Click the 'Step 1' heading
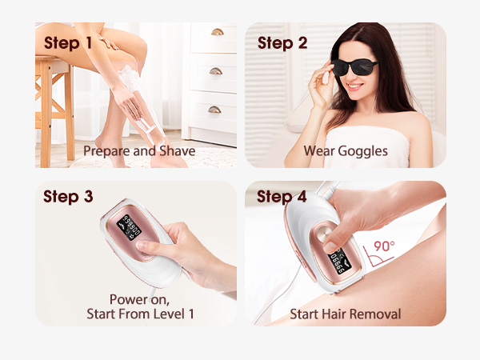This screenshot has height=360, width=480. point(74,43)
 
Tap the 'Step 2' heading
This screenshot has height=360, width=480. point(282,43)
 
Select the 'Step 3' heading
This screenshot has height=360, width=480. point(74,197)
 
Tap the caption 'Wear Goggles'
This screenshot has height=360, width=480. point(346,150)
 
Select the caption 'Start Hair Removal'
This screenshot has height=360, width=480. point(345,314)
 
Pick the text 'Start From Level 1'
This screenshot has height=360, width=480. point(140,314)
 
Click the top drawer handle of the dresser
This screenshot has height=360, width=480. point(217,32)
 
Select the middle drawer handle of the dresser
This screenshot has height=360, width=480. point(217,70)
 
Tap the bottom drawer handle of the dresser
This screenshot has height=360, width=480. point(217,109)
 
